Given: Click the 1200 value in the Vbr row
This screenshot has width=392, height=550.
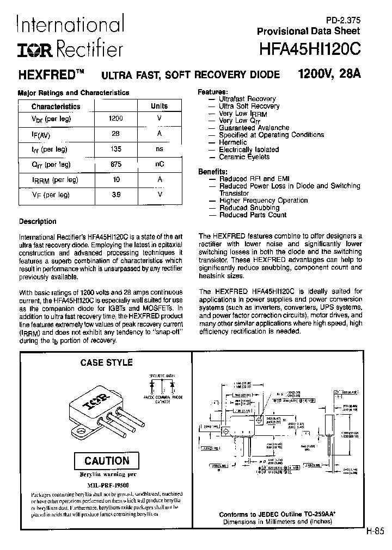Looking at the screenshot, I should (116, 118).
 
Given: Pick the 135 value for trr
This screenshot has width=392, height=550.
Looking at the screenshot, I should (116, 148).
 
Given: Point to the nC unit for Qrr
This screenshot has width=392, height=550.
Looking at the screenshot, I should (160, 164).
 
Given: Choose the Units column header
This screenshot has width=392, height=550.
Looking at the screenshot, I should (160, 107).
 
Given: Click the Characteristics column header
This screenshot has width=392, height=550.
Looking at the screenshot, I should (56, 107).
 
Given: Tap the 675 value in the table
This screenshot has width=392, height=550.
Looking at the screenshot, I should (116, 164).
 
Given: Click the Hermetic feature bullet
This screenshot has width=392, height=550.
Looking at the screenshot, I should (232, 142).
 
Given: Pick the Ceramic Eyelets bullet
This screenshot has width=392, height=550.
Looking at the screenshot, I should (244, 157).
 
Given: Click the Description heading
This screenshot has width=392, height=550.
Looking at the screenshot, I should (38, 222).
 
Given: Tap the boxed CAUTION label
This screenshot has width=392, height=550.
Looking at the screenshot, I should (107, 461).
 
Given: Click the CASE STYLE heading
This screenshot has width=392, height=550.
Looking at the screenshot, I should (107, 362).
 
